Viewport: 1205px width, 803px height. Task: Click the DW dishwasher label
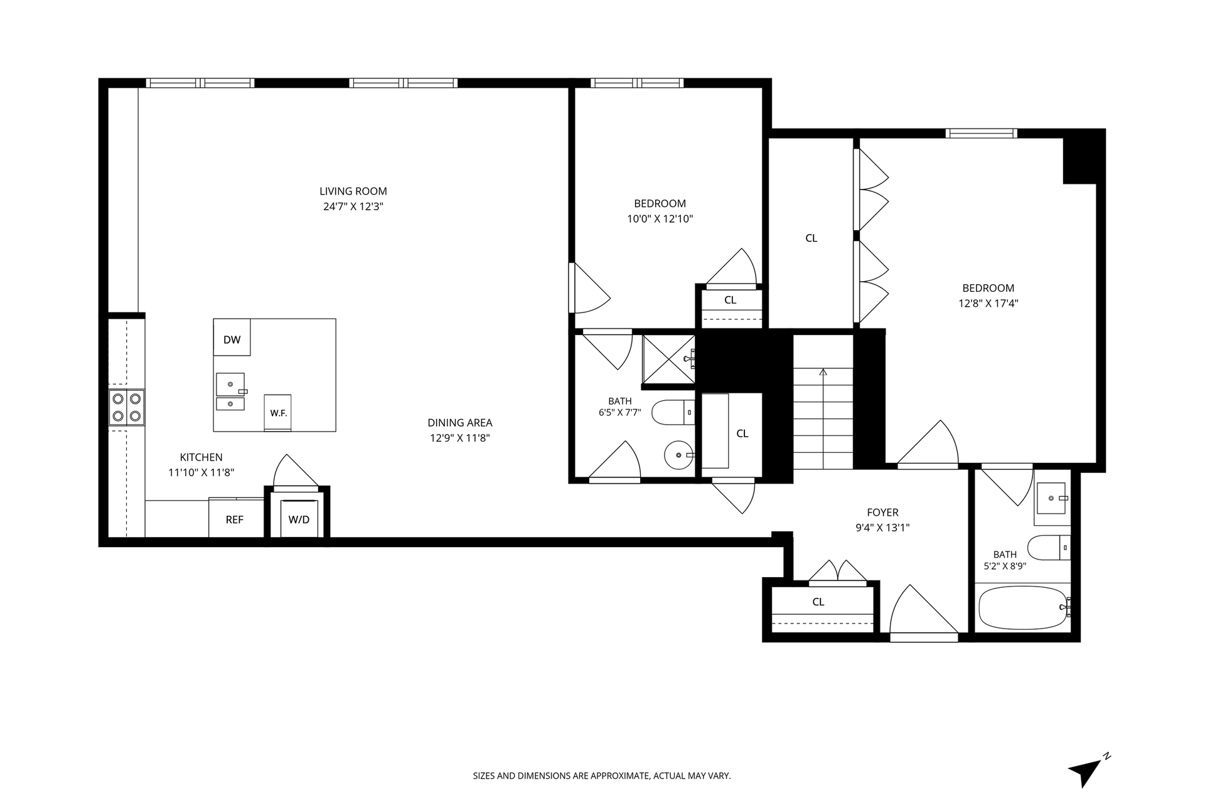pos(232,340)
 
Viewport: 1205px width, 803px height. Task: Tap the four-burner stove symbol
pos(127,407)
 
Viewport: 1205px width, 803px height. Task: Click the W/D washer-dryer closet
pos(299,519)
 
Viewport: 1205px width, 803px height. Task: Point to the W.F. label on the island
pos(278,413)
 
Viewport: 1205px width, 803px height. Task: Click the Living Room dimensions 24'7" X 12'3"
pos(353,206)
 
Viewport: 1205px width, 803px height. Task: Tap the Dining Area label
pos(460,423)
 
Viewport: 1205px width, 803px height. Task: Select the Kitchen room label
pos(201,457)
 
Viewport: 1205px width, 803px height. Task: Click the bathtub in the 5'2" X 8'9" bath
pos(1024,607)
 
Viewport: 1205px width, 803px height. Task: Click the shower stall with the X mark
pos(669,359)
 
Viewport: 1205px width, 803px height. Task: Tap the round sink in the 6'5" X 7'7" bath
pos(678,454)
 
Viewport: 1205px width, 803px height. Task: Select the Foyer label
pos(882,513)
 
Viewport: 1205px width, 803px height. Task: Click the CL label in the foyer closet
pos(818,602)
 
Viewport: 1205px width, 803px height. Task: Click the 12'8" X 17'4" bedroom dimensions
pos(988,304)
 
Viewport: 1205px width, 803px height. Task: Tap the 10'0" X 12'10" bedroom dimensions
pos(660,219)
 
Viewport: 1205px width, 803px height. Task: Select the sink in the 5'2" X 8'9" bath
pos(1052,498)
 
